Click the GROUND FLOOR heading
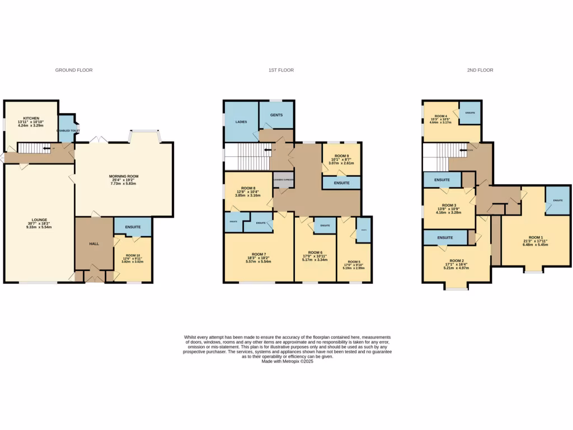click(73, 70)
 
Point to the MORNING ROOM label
click(124, 176)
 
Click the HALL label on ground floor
click(94, 244)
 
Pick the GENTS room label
click(276, 115)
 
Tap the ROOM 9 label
click(341, 156)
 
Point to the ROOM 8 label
click(248, 189)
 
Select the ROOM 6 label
click(315, 253)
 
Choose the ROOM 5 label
click(354, 261)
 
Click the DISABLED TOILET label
click(68, 130)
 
